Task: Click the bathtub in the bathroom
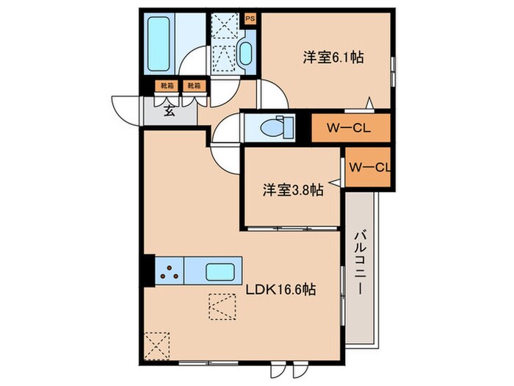pos(159,43)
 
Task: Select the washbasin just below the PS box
pos(245,53)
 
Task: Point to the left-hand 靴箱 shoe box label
pos(167,86)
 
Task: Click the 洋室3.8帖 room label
pos(293,190)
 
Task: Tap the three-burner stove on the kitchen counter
pos(170,271)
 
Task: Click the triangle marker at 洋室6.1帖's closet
pos(372,104)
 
